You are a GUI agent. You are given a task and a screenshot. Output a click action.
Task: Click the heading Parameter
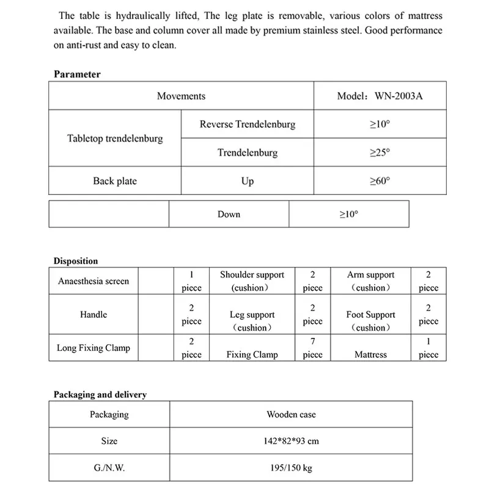tap(77, 75)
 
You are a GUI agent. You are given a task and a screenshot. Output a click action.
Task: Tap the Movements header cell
tap(181, 96)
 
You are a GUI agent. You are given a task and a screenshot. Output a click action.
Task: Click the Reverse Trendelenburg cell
tap(247, 125)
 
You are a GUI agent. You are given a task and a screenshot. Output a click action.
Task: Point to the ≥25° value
tap(380, 153)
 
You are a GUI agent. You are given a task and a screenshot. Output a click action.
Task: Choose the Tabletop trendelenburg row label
tap(115, 139)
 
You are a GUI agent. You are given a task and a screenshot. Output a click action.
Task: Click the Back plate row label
tap(115, 181)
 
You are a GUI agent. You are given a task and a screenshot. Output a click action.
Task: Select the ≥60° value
tap(380, 181)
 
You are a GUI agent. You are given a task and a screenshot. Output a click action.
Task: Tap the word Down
tap(229, 215)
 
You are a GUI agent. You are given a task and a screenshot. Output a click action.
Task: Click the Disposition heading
tap(76, 261)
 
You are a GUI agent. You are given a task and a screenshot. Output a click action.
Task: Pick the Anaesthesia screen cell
tap(94, 281)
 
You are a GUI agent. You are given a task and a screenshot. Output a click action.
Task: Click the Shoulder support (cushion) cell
tap(252, 281)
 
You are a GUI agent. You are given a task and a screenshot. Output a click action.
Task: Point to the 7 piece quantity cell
tap(312, 348)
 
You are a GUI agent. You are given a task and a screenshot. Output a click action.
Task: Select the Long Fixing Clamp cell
tap(94, 348)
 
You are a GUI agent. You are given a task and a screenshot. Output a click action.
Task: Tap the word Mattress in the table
tap(370, 355)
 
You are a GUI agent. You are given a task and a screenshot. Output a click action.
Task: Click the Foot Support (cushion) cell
tap(370, 321)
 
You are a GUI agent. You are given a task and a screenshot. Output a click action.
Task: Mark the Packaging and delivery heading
tap(100, 394)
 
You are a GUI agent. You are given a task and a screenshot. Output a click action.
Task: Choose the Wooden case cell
tap(291, 414)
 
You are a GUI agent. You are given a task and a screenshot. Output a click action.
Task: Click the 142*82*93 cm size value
tap(291, 441)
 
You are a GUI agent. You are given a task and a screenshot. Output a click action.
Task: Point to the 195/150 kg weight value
tap(291, 468)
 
